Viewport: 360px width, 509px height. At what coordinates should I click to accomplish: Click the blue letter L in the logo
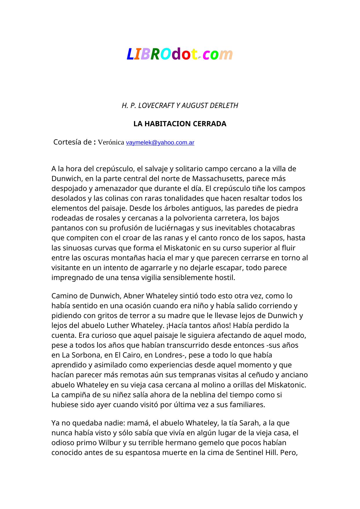point(130,54)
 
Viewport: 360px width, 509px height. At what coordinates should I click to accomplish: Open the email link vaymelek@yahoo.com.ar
point(160,143)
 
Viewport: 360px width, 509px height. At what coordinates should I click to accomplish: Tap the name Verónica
point(111,142)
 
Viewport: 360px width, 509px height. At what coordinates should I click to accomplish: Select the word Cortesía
point(68,142)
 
